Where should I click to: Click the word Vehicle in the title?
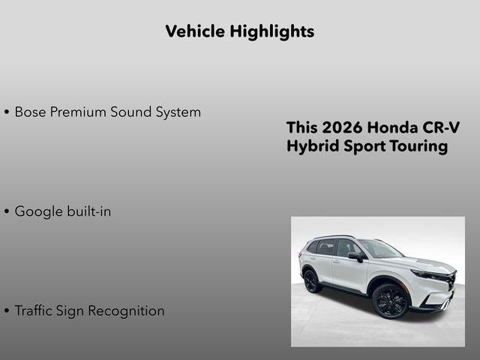[x=193, y=31]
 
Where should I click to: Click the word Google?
[x=37, y=211]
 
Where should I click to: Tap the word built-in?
[x=88, y=211]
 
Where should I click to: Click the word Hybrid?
[x=310, y=146]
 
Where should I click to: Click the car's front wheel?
[x=390, y=301]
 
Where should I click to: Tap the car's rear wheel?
[x=311, y=280]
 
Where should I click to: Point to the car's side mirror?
[x=355, y=256]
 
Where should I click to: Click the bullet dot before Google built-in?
[x=7, y=212]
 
